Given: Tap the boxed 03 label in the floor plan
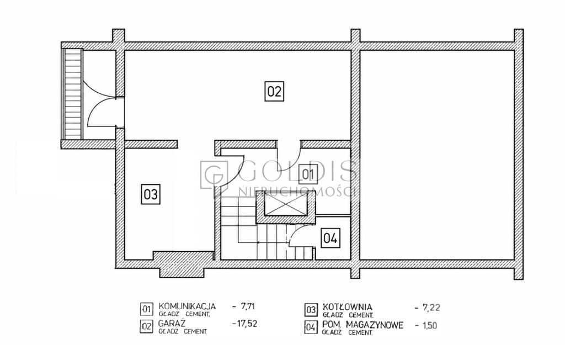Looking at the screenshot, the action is (x=151, y=194).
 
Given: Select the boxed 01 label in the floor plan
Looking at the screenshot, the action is (x=308, y=174).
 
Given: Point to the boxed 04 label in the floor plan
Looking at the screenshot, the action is (x=331, y=238).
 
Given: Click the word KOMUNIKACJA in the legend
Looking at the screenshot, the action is (x=188, y=306).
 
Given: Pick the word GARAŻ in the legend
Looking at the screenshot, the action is (x=172, y=323).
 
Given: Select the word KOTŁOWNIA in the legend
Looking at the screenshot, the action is (x=348, y=307).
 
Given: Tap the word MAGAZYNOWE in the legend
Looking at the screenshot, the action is (x=375, y=325).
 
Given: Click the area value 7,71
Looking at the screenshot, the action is (x=248, y=306).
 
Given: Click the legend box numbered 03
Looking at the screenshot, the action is (x=311, y=310).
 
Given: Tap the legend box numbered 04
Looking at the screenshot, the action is (x=311, y=327).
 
